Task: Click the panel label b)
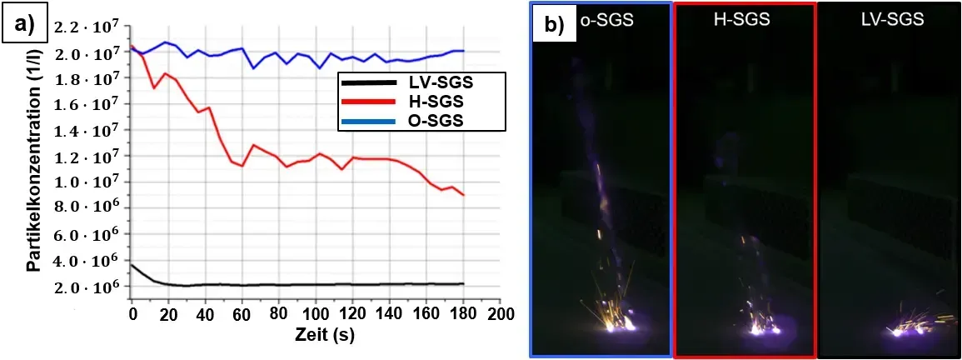coord(553,24)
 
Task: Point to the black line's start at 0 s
coord(132,264)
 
